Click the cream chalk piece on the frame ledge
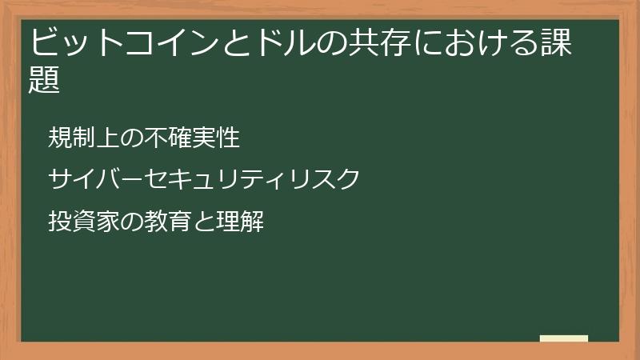click(x=564, y=338)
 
